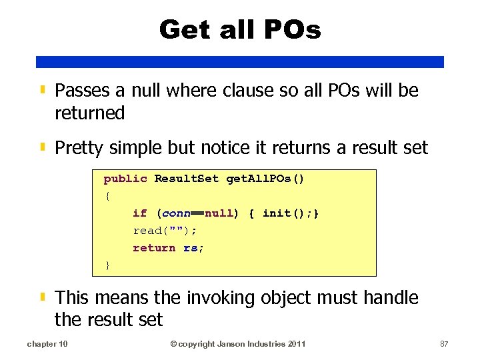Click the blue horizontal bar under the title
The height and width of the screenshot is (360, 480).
[x=240, y=61]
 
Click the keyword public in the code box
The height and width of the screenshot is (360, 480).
[x=125, y=179]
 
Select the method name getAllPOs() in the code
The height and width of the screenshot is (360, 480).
[x=265, y=179]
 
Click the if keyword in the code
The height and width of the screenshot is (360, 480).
[x=139, y=213]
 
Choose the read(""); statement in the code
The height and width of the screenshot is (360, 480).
[x=165, y=231]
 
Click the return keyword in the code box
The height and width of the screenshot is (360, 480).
[x=154, y=248]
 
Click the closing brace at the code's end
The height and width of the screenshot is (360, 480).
[x=107, y=265]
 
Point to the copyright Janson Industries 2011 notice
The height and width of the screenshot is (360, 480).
[x=238, y=344]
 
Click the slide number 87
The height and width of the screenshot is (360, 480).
[x=444, y=344]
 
